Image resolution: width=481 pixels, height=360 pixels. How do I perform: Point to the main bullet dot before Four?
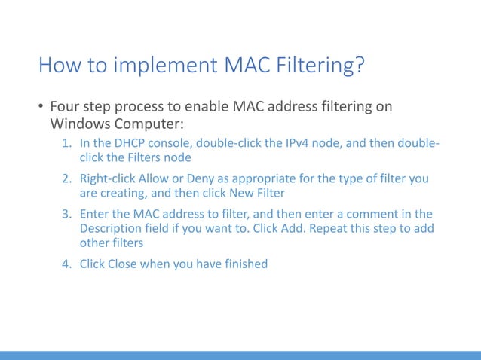[x=41, y=106]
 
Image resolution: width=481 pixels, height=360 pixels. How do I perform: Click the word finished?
[x=242, y=264]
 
